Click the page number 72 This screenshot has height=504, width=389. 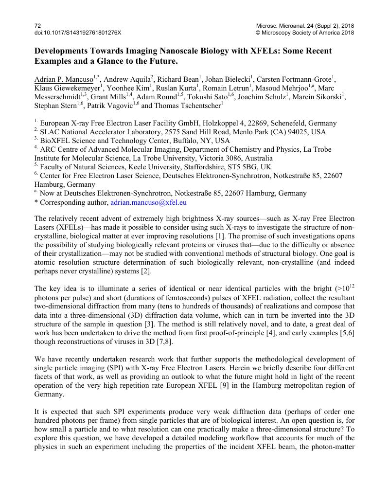37,25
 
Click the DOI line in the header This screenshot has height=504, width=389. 77,33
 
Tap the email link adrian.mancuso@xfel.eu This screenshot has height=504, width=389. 149,202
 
